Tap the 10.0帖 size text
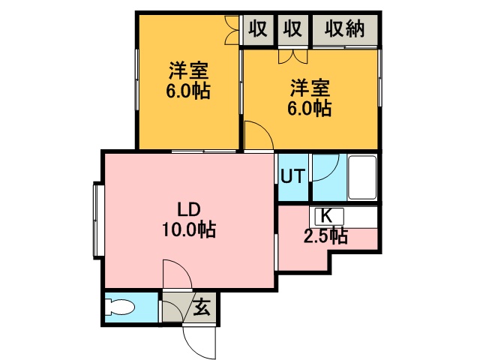(187, 231)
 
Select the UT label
(292, 177)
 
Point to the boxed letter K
(327, 215)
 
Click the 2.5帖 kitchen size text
(325, 237)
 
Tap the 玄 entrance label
(202, 307)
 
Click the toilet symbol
(120, 308)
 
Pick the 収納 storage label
(345, 30)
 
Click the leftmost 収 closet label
(258, 30)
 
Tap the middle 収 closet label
(292, 30)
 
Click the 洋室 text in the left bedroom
(187, 72)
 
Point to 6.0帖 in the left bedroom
(187, 92)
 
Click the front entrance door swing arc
(199, 341)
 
